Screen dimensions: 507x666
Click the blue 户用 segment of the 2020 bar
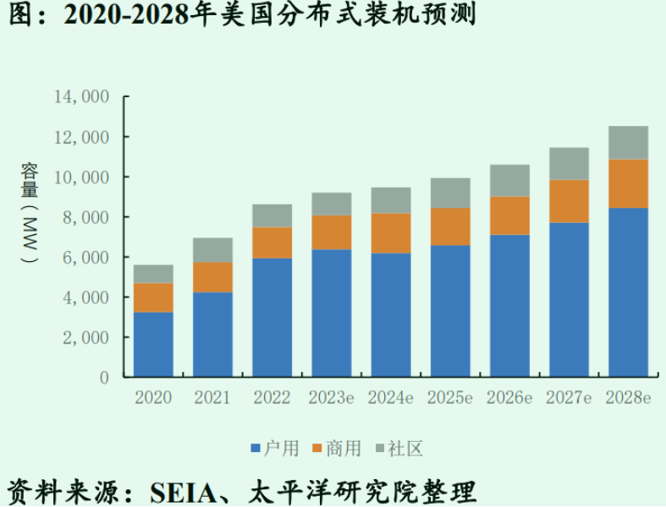pyautogui.click(x=153, y=345)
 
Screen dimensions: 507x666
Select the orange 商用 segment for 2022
pyautogui.click(x=272, y=243)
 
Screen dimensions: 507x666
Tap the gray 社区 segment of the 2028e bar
pyautogui.click(x=628, y=143)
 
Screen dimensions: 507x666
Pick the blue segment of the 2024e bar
pyautogui.click(x=391, y=315)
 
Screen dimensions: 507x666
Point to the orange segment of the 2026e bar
pyautogui.click(x=509, y=215)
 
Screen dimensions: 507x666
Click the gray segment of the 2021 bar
pyautogui.click(x=213, y=250)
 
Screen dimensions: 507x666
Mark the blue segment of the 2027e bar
pyautogui.click(x=569, y=300)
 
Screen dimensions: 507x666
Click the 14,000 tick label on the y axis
pyautogui.click(x=82, y=96)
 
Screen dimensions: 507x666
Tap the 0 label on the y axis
pyautogui.click(x=104, y=378)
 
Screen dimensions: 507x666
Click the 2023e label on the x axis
pyautogui.click(x=331, y=398)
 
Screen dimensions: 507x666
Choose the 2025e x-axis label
pyautogui.click(x=449, y=398)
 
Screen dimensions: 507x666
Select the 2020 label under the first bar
pyautogui.click(x=153, y=398)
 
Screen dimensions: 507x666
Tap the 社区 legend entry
pyautogui.click(x=398, y=448)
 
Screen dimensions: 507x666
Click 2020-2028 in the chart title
pyautogui.click(x=126, y=15)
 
